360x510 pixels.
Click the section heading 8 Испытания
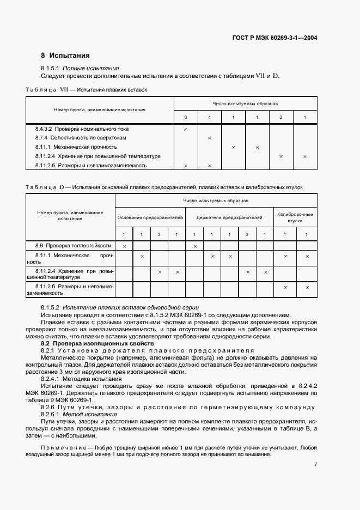point(65,56)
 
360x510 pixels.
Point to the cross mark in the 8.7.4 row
point(210,138)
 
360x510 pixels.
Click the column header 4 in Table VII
point(210,118)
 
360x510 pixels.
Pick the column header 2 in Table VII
point(281,118)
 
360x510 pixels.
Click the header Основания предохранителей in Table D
point(150,217)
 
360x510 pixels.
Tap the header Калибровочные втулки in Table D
point(295,217)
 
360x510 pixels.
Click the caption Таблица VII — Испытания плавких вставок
point(86,89)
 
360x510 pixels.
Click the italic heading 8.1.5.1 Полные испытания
point(80,68)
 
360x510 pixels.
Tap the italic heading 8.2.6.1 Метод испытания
point(79,415)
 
